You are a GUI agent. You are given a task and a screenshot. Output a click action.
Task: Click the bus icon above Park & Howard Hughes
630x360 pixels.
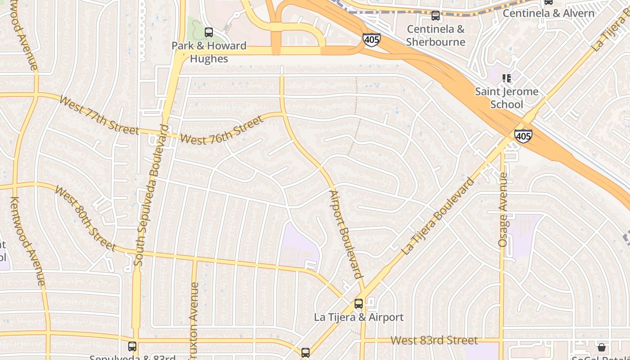click(x=209, y=32)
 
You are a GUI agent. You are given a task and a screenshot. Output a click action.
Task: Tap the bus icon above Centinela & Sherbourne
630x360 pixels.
click(x=435, y=16)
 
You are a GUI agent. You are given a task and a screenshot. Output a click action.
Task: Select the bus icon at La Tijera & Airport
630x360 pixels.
click(x=359, y=304)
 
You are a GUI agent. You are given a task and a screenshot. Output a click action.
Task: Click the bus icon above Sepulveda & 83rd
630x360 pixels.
click(x=132, y=346)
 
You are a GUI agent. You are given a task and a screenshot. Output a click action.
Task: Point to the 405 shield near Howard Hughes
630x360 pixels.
click(x=372, y=40)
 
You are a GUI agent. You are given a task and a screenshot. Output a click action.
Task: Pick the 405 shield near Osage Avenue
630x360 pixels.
click(x=523, y=135)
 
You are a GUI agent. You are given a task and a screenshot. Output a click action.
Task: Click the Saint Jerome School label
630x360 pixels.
click(x=507, y=98)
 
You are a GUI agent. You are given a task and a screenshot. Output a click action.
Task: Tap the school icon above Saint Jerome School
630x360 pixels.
click(x=507, y=78)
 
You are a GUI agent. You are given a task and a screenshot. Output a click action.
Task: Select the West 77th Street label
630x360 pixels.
click(x=99, y=115)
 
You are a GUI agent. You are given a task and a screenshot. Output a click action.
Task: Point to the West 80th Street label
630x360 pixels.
click(x=85, y=217)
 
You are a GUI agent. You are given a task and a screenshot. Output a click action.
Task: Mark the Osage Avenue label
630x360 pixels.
click(x=503, y=210)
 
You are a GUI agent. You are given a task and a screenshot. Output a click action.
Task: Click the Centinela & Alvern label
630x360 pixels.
click(x=549, y=13)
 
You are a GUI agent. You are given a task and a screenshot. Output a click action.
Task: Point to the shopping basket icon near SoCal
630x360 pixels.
click(x=602, y=347)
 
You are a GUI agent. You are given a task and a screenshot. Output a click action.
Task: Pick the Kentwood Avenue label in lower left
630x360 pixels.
click(x=28, y=241)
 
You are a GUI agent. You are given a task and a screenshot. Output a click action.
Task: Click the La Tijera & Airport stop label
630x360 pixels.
click(x=359, y=317)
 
